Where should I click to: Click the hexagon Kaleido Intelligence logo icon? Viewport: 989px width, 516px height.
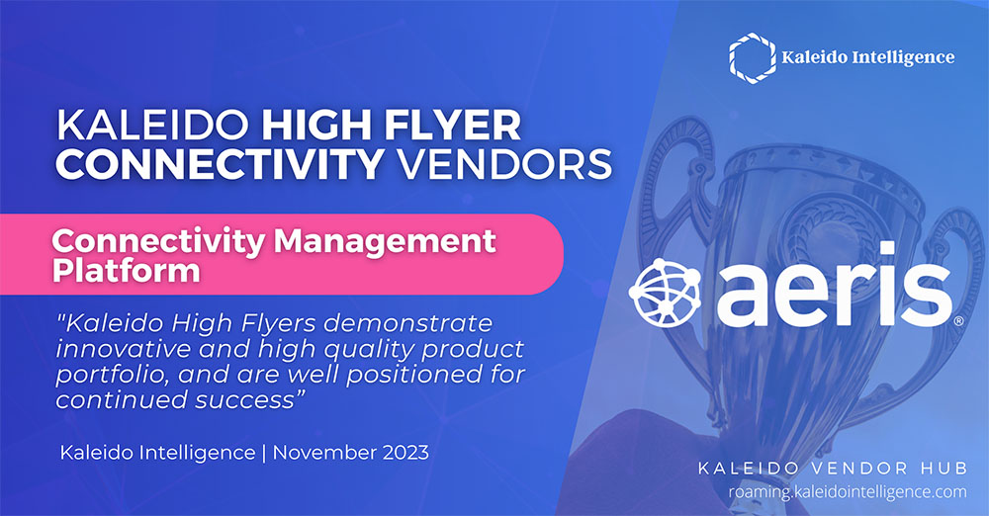tap(752, 57)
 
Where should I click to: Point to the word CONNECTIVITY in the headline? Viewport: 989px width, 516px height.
tap(221, 164)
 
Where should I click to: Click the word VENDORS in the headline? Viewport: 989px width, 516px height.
tap(504, 164)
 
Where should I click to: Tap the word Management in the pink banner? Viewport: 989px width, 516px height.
tap(385, 242)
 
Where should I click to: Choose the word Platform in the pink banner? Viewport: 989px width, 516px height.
tap(127, 271)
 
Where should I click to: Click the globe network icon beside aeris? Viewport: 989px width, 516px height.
tap(666, 293)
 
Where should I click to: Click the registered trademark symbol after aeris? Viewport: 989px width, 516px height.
tap(958, 321)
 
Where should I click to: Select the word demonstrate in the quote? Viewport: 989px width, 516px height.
tap(408, 323)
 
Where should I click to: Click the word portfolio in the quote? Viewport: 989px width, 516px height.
tap(112, 375)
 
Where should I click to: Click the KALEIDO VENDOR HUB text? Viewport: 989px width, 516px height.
tap(833, 469)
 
